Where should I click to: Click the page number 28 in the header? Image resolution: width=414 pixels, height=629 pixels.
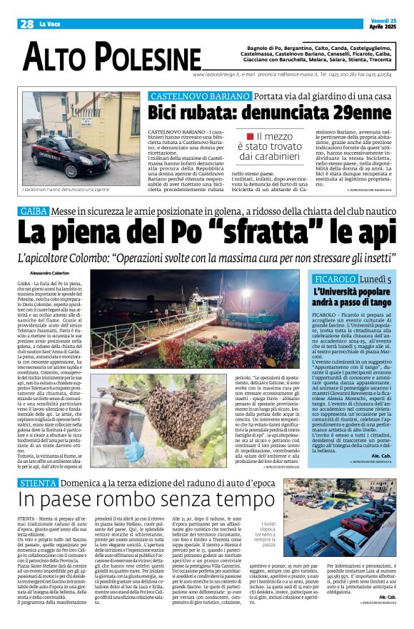pyautogui.click(x=26, y=24)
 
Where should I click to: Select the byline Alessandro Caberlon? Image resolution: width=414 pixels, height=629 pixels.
pyautogui.click(x=51, y=274)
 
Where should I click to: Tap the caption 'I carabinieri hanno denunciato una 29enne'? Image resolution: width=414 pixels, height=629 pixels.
pyautogui.click(x=66, y=189)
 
